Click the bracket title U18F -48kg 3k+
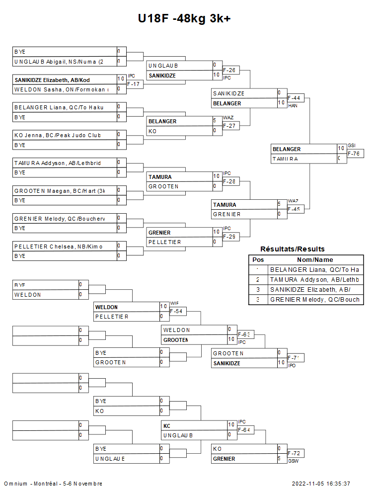tap(184, 19)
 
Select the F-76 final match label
tap(355, 154)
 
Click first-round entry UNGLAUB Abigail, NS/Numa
tap(59, 62)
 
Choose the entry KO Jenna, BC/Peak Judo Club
tap(58, 135)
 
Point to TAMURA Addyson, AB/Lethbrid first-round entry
tap(58, 163)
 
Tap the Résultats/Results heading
tap(293, 249)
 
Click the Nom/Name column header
tap(315, 260)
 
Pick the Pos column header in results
tap(258, 260)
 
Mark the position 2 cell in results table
tap(258, 280)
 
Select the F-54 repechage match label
tap(178, 312)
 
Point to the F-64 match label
tap(245, 430)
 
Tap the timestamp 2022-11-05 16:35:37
tap(321, 484)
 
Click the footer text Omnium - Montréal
tap(53, 484)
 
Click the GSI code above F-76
tap(352, 146)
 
